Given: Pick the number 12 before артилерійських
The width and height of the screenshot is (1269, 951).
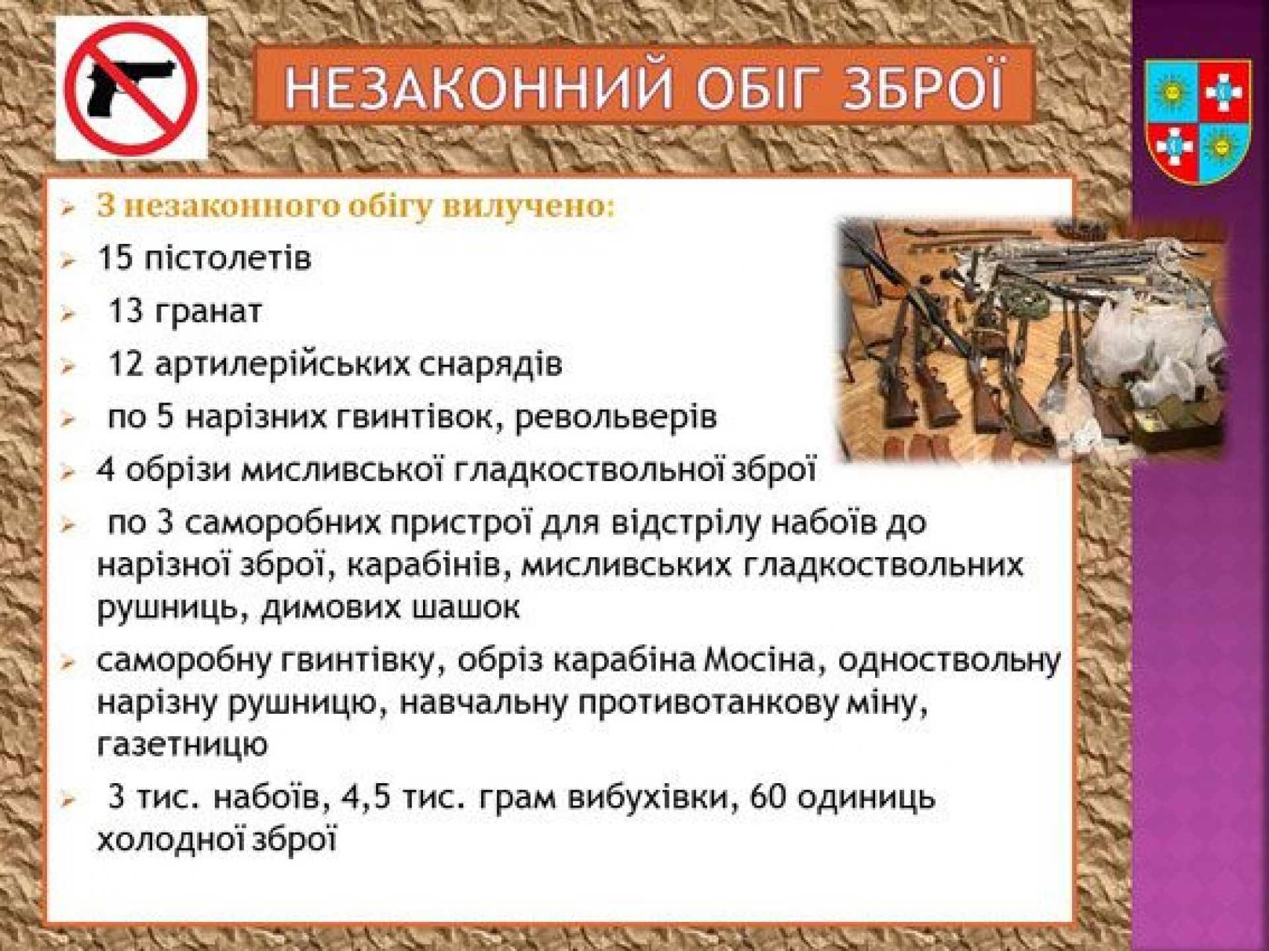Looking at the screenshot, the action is [x=126, y=365].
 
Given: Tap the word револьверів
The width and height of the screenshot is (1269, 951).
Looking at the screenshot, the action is [x=615, y=418].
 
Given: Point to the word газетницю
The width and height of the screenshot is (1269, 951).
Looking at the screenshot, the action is [x=182, y=745].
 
